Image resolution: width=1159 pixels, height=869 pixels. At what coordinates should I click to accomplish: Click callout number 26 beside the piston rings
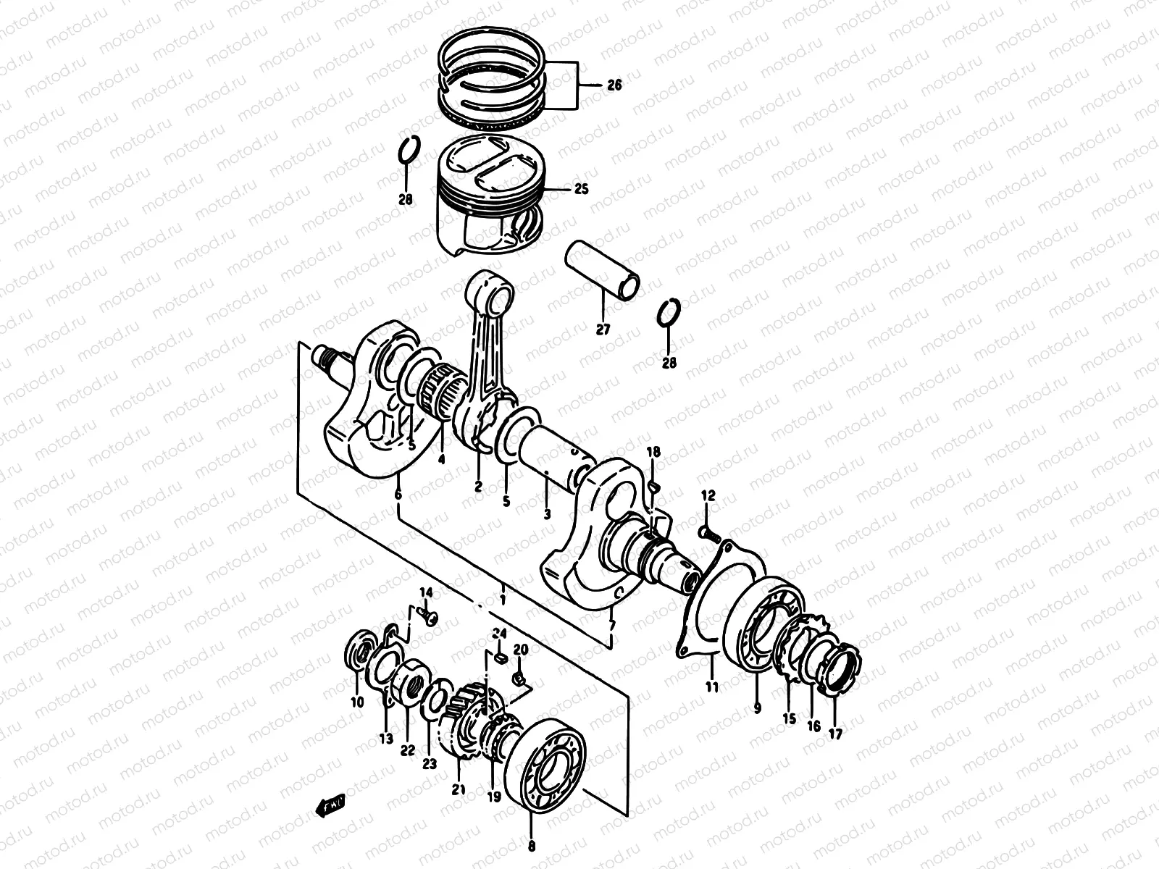coord(614,85)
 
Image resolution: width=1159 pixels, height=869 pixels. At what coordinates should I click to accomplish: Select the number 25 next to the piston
coord(580,189)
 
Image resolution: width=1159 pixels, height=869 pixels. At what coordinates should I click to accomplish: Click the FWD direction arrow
coord(330,804)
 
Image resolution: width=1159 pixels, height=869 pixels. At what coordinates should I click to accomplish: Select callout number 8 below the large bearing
coord(532,844)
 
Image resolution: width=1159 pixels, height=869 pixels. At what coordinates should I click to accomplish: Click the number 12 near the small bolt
coord(708,496)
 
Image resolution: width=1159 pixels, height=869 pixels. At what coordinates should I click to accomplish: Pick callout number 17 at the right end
coord(836,734)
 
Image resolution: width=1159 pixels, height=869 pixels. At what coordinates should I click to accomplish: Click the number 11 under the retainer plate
coord(712,686)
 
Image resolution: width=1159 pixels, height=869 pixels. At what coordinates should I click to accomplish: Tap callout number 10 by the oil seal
coord(356,701)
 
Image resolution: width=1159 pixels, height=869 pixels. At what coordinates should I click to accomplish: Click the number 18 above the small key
coord(653,453)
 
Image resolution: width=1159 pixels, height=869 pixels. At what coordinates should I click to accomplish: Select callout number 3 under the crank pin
coord(547,514)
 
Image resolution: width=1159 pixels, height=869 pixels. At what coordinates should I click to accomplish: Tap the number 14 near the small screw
coord(426,593)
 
